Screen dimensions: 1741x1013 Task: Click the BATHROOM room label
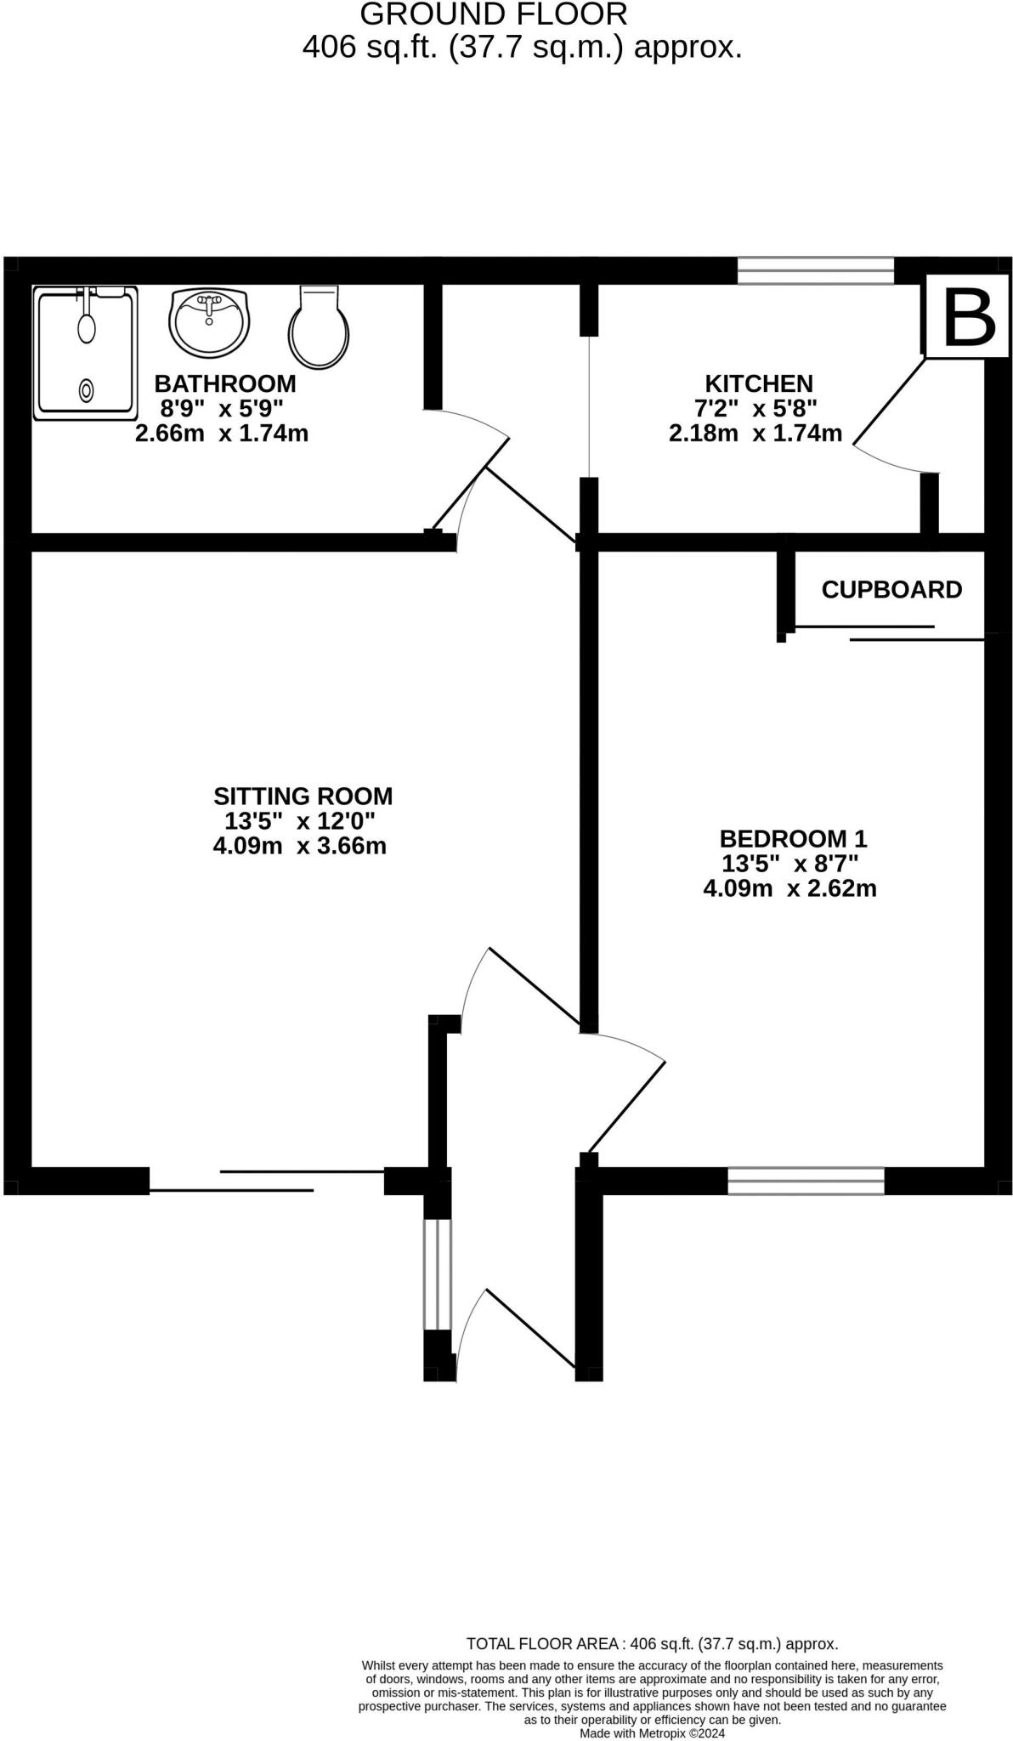(225, 383)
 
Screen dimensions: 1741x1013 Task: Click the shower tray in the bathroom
(85, 354)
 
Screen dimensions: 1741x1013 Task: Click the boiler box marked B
(968, 316)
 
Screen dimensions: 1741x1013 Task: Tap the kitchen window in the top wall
(816, 271)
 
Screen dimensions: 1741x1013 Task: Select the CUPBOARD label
(891, 590)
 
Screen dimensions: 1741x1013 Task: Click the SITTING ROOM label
(303, 797)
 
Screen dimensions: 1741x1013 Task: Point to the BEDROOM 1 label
(793, 839)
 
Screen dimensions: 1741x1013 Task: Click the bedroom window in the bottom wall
(806, 1181)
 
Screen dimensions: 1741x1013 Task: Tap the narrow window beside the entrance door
(437, 1274)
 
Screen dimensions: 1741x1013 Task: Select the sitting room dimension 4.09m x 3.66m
(300, 847)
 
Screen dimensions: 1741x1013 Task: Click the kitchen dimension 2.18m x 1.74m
(756, 434)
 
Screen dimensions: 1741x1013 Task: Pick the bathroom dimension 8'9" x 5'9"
(222, 409)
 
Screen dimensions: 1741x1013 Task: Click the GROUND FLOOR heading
(494, 14)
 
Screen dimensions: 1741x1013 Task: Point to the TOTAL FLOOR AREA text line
(652, 1644)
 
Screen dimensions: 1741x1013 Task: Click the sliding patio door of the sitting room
(267, 1181)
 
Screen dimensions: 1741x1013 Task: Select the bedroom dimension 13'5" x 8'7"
(790, 864)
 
